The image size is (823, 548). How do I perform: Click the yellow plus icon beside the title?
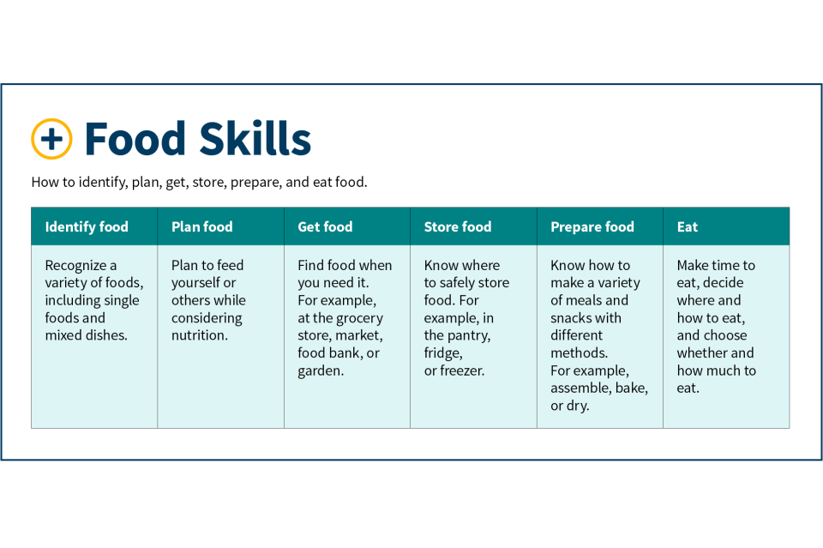tap(51, 139)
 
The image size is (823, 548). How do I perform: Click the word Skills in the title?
tap(255, 139)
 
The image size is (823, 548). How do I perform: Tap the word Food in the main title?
tap(135, 139)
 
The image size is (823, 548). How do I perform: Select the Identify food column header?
tap(87, 226)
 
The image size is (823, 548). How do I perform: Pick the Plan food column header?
tap(202, 226)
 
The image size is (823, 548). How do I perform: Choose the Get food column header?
tap(325, 226)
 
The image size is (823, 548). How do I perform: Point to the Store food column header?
tap(458, 226)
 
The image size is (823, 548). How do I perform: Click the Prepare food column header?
tap(592, 226)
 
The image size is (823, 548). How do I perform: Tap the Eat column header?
tap(687, 226)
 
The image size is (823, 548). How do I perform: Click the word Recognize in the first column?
tap(75, 266)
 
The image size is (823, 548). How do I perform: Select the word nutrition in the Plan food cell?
tap(198, 335)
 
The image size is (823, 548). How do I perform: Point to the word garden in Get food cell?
tap(319, 371)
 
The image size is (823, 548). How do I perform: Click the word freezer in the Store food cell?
tap(462, 370)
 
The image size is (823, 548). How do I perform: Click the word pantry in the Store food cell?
tap(469, 336)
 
